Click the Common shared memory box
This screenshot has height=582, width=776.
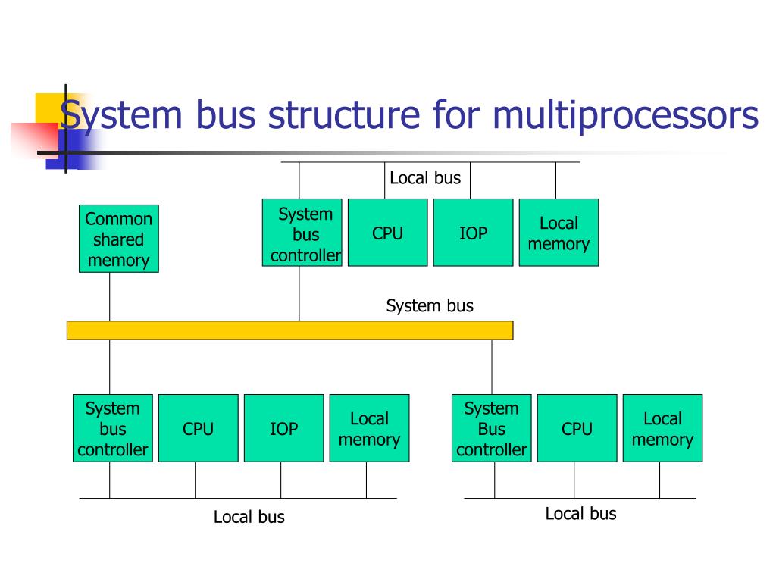click(119, 239)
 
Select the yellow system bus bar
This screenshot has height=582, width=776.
click(290, 330)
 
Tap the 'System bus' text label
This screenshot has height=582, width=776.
click(430, 306)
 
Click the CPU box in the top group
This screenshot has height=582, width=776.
click(387, 233)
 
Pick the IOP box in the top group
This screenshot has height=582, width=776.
click(473, 233)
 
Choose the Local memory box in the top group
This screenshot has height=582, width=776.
click(559, 233)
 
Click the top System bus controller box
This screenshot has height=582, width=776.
click(302, 233)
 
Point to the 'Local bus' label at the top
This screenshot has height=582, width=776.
click(425, 177)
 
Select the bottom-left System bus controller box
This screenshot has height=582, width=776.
click(113, 428)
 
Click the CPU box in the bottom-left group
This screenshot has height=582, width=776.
click(199, 428)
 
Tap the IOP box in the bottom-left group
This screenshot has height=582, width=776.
click(284, 428)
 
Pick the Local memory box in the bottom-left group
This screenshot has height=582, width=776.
click(370, 428)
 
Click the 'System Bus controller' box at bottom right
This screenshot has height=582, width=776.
click(491, 428)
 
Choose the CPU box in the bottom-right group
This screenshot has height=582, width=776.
click(577, 428)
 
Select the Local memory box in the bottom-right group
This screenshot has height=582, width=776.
click(662, 428)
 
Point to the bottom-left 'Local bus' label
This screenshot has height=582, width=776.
click(249, 517)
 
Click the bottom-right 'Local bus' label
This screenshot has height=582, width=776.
click(581, 514)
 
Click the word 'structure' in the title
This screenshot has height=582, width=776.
click(344, 115)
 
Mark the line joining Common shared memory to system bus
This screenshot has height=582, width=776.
click(109, 296)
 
